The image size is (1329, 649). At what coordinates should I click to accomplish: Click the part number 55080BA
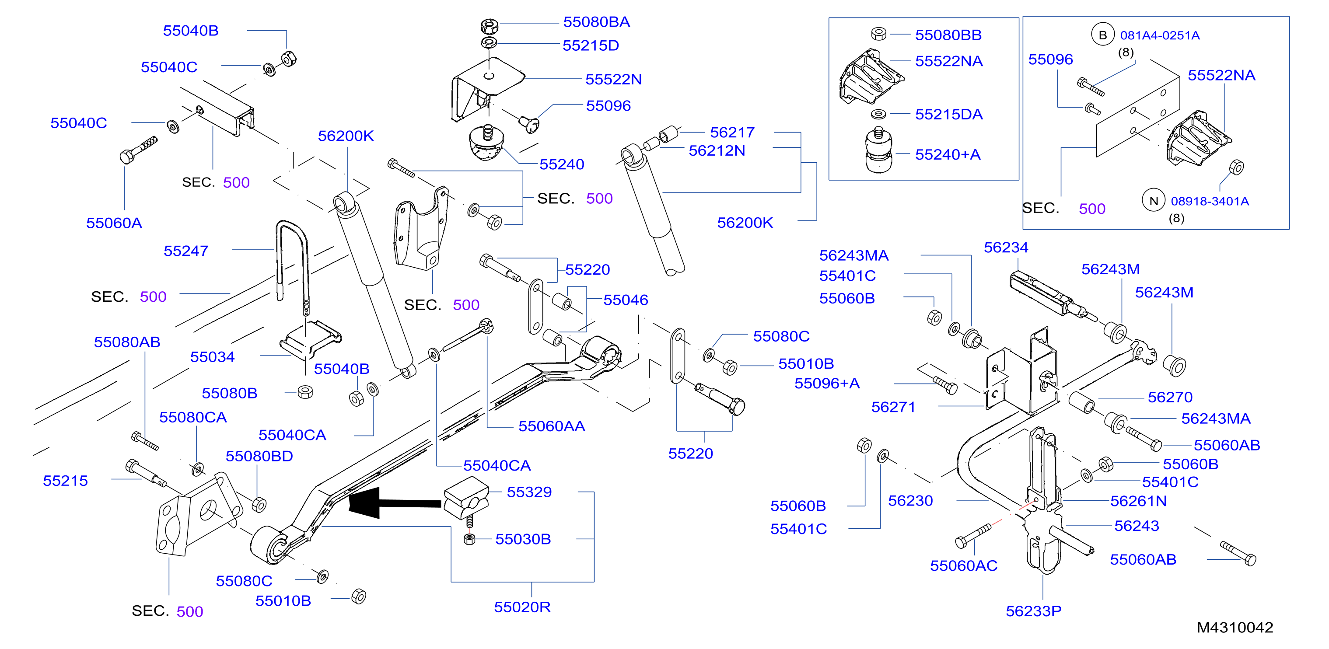596,22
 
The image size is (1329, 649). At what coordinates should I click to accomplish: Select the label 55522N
613,80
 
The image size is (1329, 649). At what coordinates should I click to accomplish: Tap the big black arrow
395,502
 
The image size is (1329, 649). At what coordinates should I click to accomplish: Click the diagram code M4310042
1235,627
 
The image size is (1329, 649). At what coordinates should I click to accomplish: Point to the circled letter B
1102,35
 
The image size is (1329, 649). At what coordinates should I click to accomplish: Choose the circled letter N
1154,201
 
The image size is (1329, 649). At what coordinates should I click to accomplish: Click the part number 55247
186,251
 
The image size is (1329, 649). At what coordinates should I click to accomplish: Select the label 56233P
1033,611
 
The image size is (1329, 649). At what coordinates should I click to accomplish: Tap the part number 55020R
522,607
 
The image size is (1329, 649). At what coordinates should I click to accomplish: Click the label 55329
529,492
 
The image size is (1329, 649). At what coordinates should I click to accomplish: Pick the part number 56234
1006,248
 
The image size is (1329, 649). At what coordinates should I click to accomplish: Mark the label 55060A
114,223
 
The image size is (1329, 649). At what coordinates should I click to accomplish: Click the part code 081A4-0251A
1160,35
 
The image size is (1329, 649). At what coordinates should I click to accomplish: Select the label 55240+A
948,154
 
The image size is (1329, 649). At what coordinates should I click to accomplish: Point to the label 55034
212,357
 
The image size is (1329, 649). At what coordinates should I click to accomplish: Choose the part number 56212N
717,150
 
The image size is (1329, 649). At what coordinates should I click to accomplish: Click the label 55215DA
949,115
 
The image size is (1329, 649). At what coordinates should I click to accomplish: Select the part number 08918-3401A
1210,201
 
